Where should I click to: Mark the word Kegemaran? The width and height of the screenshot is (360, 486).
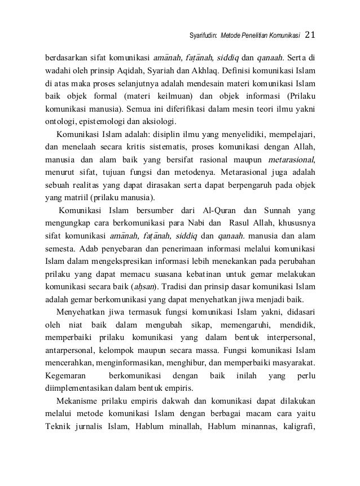coord(64,374)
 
